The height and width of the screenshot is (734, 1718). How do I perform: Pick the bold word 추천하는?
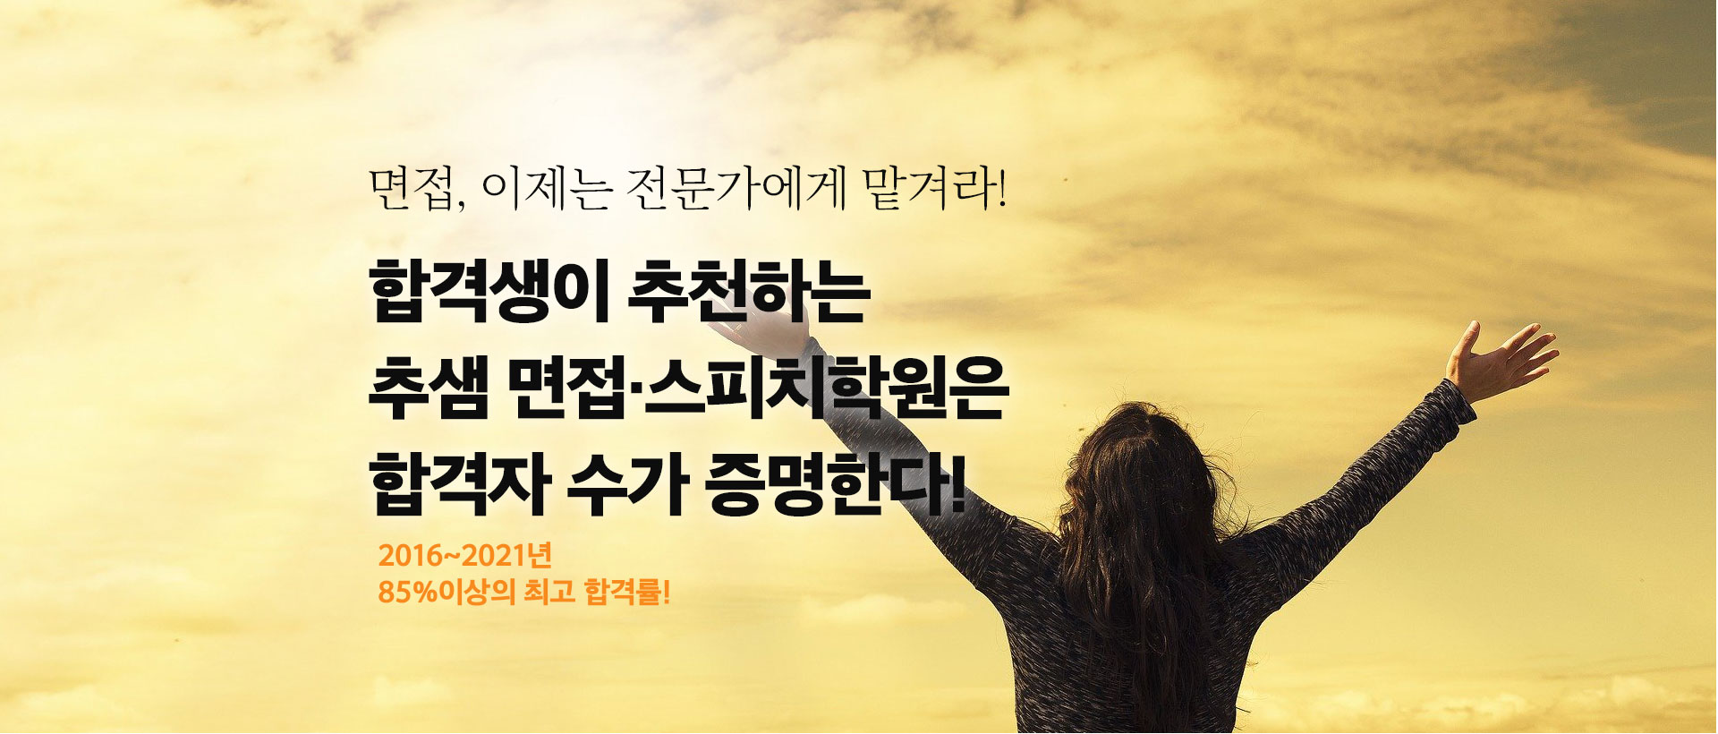pos(749,292)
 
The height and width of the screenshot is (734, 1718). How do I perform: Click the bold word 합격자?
pos(457,487)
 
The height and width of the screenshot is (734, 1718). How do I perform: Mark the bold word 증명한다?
pos(837,487)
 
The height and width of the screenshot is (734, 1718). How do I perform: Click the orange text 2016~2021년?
pos(465,556)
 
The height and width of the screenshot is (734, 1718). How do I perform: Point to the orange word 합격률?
pos(626,593)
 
